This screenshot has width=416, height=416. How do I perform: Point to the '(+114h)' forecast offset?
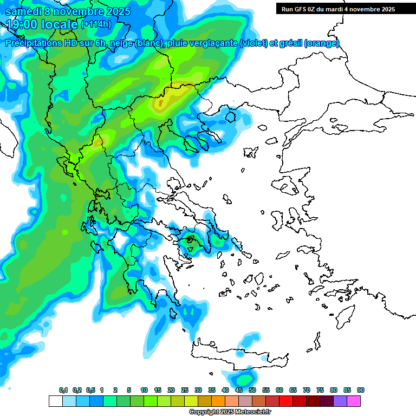click(96, 25)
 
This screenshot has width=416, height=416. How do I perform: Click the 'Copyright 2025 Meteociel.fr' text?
click(230, 412)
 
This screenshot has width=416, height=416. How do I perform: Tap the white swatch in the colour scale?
click(55, 401)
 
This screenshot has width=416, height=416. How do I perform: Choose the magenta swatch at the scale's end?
click(354, 401)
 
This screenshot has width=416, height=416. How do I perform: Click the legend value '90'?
click(361, 391)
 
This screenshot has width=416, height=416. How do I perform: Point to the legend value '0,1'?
click(63, 391)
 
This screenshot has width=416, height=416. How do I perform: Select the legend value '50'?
click(252, 391)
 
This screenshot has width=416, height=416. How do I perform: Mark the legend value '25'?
click(185, 391)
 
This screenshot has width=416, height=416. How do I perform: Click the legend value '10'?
click(144, 391)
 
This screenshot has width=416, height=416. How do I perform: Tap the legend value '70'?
click(307, 391)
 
